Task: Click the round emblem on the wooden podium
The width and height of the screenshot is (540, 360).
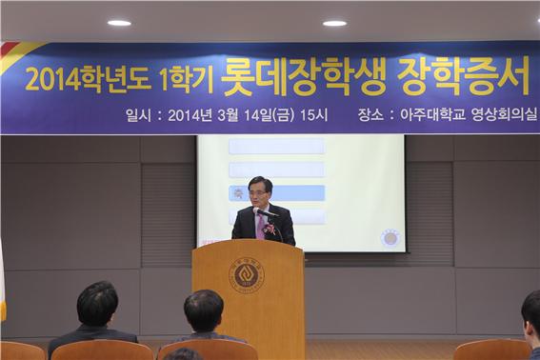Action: click(247, 275)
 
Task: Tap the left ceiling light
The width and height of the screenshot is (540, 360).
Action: click(119, 22)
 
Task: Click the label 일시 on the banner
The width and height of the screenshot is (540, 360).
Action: click(139, 116)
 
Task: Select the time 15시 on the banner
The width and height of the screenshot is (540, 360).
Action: click(312, 116)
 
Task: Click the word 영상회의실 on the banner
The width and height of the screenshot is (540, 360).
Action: click(502, 116)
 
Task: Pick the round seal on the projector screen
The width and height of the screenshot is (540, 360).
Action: click(390, 237)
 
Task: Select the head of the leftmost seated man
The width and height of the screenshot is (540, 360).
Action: click(96, 304)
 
